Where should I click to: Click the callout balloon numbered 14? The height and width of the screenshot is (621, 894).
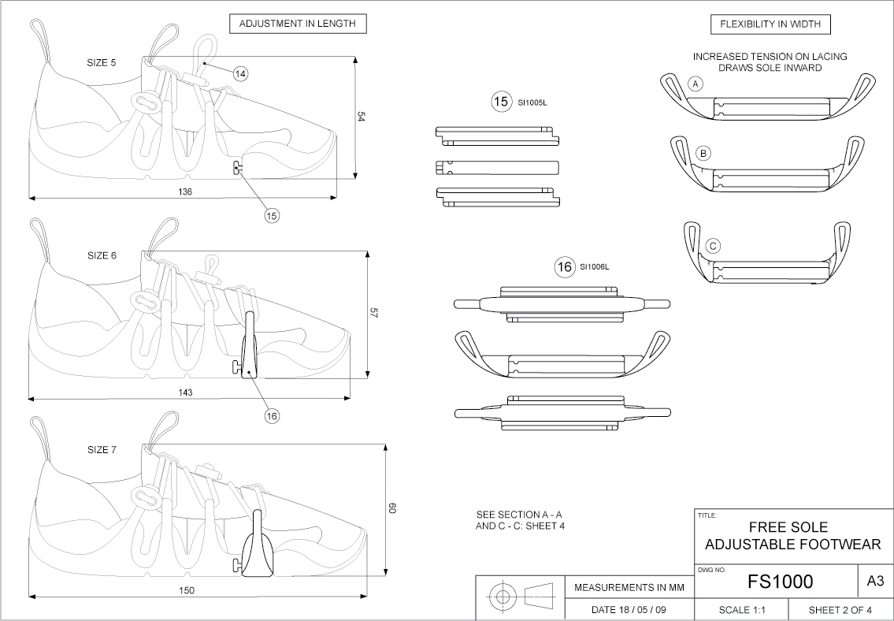click(240, 73)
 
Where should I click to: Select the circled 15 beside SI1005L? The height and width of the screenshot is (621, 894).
click(500, 102)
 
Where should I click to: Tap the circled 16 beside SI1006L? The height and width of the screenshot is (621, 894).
click(564, 267)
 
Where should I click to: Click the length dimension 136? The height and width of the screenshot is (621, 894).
click(186, 192)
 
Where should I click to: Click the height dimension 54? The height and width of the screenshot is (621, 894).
click(362, 117)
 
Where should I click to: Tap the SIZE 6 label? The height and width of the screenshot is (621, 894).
click(102, 255)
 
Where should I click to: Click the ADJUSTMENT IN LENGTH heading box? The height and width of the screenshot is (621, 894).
click(298, 24)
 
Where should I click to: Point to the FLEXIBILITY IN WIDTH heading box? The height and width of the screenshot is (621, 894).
click(770, 24)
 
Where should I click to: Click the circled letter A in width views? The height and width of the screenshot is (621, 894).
click(695, 83)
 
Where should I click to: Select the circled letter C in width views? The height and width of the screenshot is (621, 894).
click(713, 246)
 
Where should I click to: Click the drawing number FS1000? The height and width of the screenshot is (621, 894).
click(780, 582)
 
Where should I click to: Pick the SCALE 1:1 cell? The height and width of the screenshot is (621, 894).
click(742, 610)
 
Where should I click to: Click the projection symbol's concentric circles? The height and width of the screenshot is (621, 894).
click(503, 597)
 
